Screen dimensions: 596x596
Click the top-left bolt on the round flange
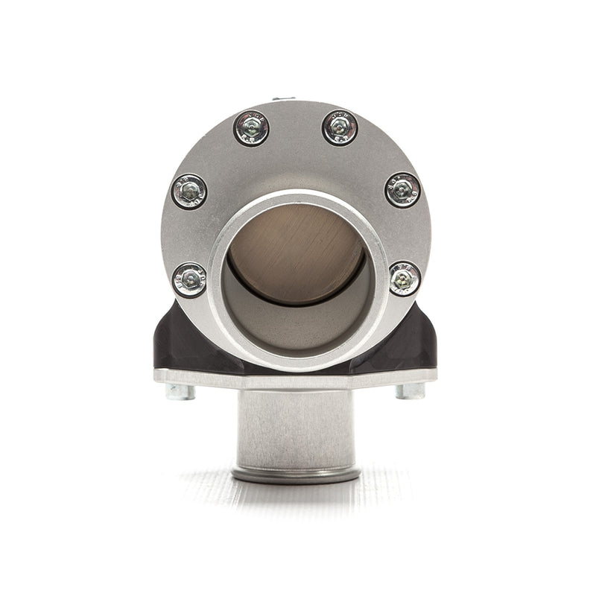[x=251, y=128]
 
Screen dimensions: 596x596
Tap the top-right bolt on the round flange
[x=340, y=127]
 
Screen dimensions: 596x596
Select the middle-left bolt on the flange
[x=189, y=191]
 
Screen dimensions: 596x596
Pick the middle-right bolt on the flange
[x=403, y=190]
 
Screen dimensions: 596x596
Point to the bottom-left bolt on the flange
[x=190, y=280]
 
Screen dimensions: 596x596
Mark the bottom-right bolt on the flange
[x=405, y=279]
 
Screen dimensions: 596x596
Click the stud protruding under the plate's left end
[x=180, y=391]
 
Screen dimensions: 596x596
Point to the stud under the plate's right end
[x=410, y=391]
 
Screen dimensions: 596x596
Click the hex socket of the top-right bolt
[x=340, y=127]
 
